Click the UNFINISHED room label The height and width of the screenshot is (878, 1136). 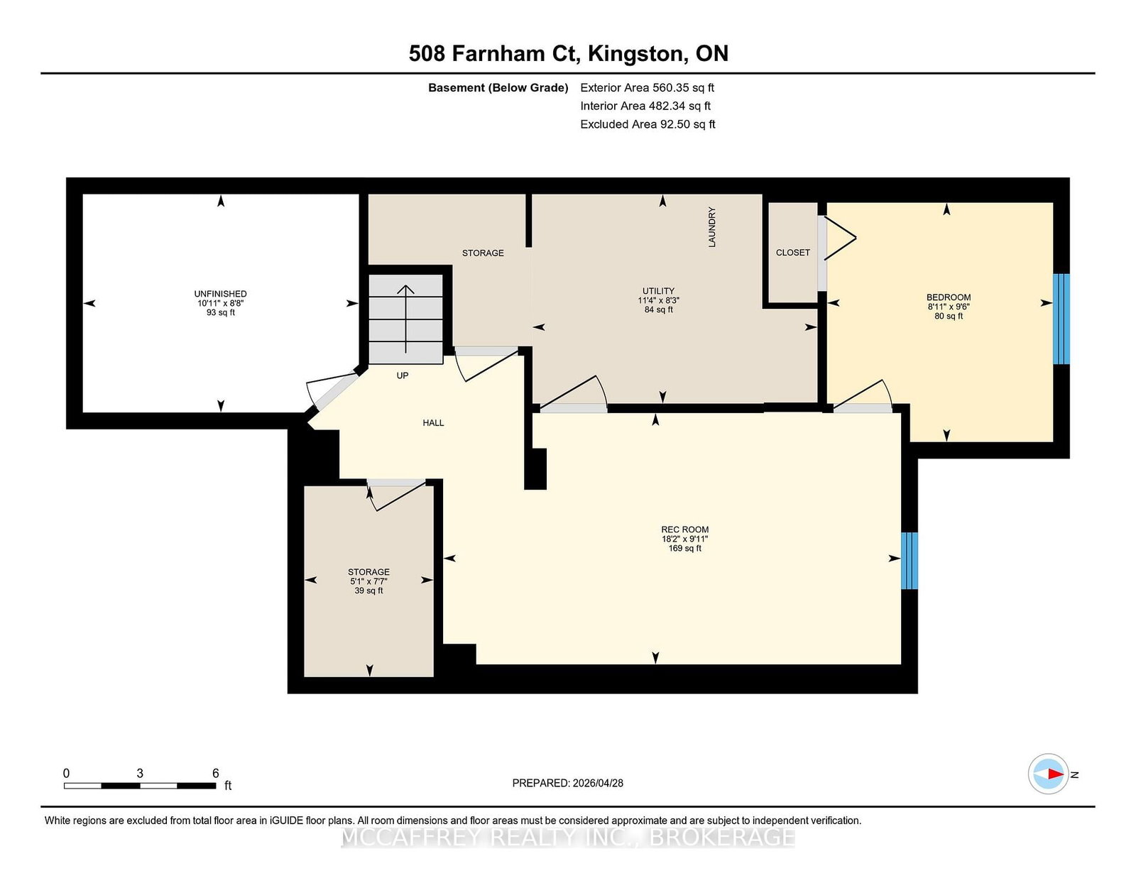coord(220,294)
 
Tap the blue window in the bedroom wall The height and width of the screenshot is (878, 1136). coord(1061,319)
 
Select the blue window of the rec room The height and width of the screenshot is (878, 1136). coord(909,560)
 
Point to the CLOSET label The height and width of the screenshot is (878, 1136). coord(792,253)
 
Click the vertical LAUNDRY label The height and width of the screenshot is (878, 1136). coord(711,227)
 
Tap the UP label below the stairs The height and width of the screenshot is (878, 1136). coord(402,375)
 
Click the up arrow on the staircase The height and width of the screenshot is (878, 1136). coord(405,319)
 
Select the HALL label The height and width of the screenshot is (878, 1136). coord(433,423)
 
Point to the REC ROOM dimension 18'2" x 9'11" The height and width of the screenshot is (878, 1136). coord(684,539)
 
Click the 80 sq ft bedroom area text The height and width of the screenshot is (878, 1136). coord(949,316)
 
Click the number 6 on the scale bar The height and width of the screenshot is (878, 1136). coord(215,773)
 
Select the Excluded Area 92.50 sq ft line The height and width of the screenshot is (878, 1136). coord(648,124)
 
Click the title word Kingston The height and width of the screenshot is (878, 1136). coord(636,54)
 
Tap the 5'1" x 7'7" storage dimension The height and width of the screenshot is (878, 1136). coord(368,581)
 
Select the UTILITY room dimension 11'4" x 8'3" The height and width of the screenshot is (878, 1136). coord(658,300)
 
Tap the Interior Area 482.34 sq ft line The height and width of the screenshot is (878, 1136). coord(645,106)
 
